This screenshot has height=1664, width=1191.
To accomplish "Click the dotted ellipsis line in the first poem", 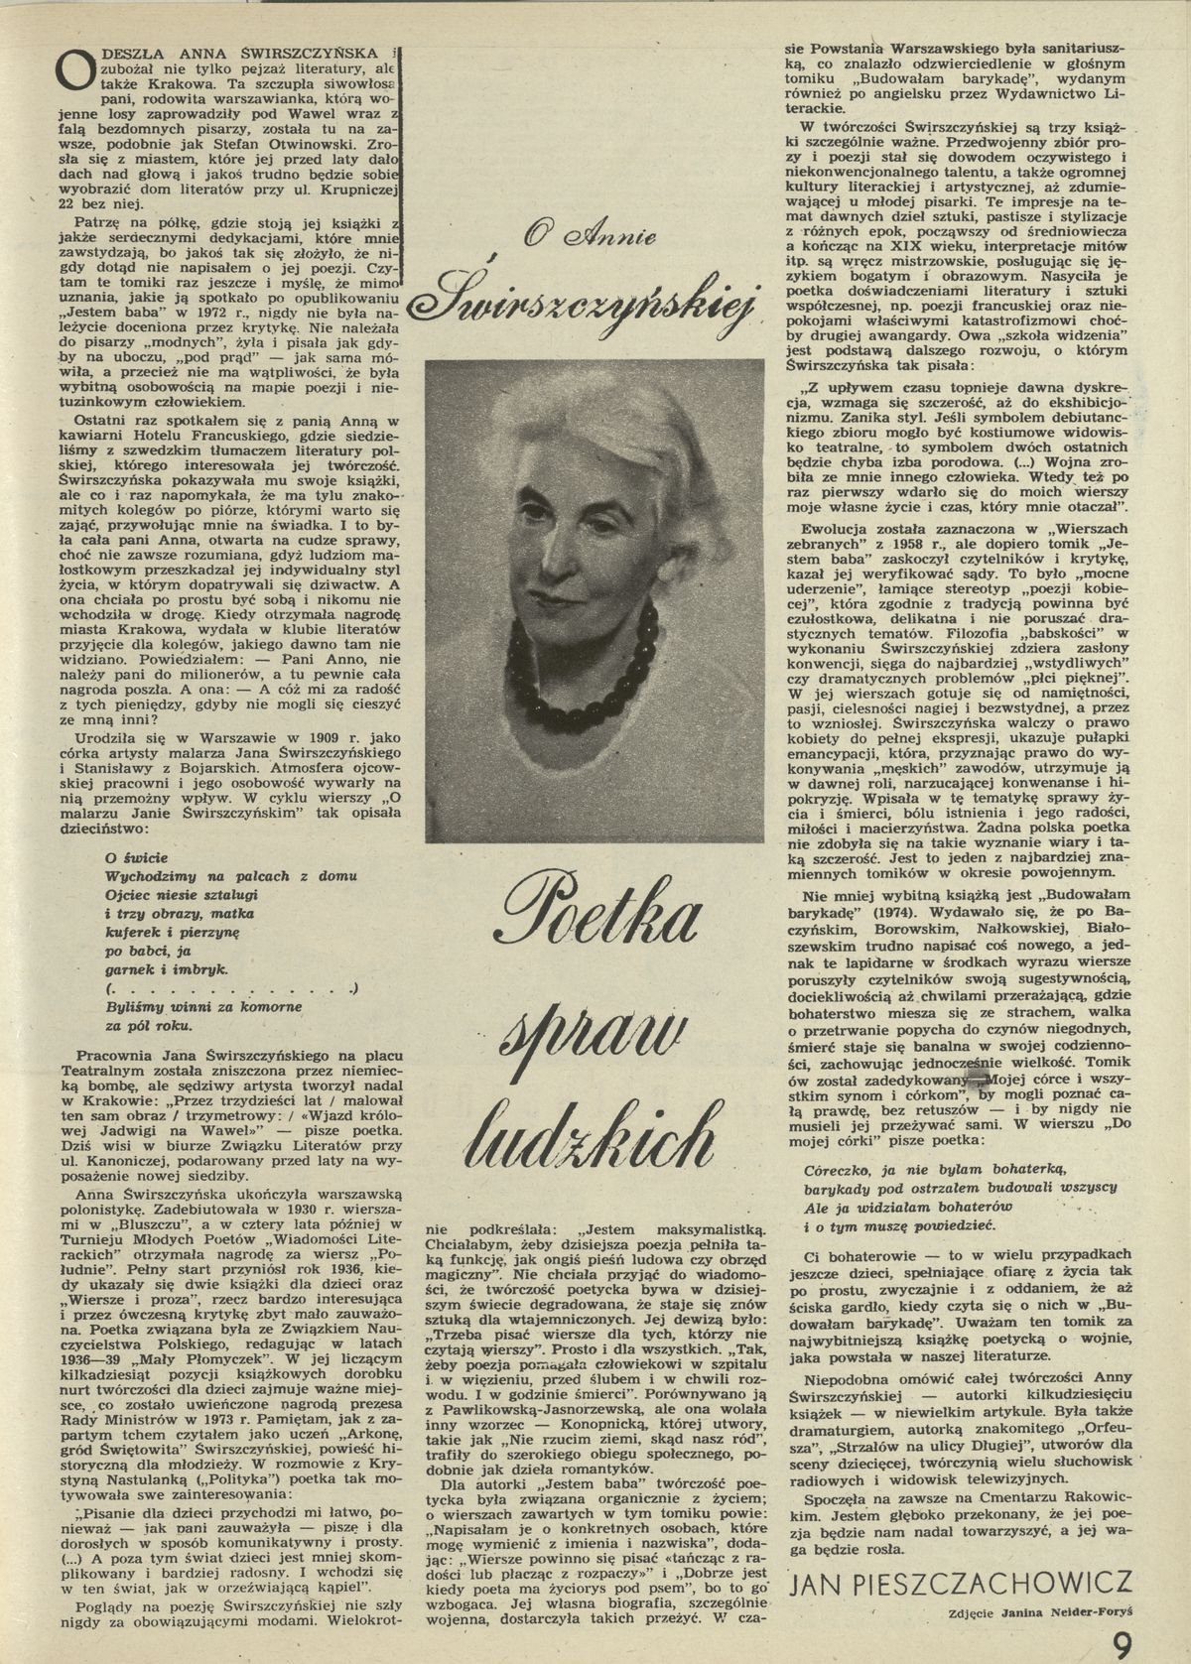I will (228, 987).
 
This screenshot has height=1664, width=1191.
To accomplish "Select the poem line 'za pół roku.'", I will (149, 1026).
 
